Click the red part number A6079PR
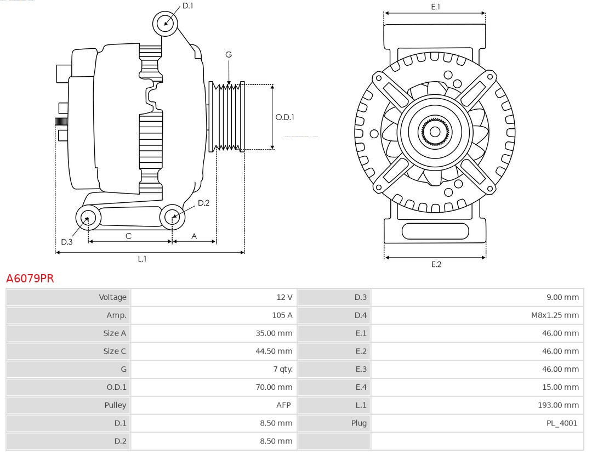coord(30,279)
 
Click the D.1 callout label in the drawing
coord(188,5)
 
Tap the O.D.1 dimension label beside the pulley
coord(284,117)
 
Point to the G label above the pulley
coord(229,54)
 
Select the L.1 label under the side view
coord(142,259)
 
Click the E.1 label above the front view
coord(436,7)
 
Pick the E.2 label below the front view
coord(436,264)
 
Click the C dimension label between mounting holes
coord(128,236)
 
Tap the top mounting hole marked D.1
coord(166,24)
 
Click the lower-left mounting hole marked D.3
coord(87,218)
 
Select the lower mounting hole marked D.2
coord(172,217)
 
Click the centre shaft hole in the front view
coord(435,132)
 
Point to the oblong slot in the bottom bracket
coord(435,231)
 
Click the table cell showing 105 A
coord(282,315)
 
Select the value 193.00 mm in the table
coord(558,405)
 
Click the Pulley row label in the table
coord(115,405)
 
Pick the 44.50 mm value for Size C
coord(274,351)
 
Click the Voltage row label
coord(112,297)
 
